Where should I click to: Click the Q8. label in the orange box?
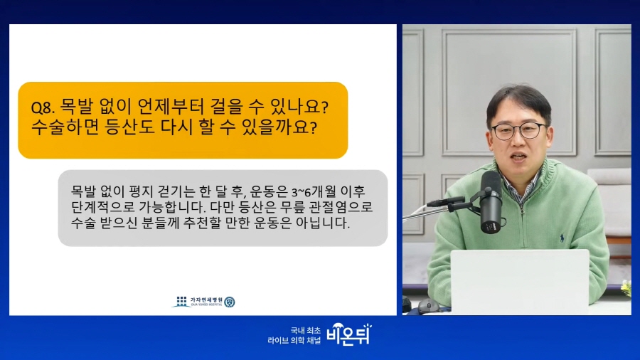tap(43, 107)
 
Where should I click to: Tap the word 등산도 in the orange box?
tap(129, 127)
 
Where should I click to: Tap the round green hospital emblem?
tap(230, 302)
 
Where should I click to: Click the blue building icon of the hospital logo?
tap(181, 302)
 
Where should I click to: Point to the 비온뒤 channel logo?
tap(349, 334)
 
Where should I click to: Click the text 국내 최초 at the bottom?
tap(305, 330)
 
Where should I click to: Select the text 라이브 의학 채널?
tap(294, 340)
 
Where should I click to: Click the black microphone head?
tap(491, 201)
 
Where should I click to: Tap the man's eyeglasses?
tap(518, 131)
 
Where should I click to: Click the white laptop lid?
tap(520, 282)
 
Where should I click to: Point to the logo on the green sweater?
tap(562, 238)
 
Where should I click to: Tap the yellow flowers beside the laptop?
tap(626, 288)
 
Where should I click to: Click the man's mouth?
tap(518, 157)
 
